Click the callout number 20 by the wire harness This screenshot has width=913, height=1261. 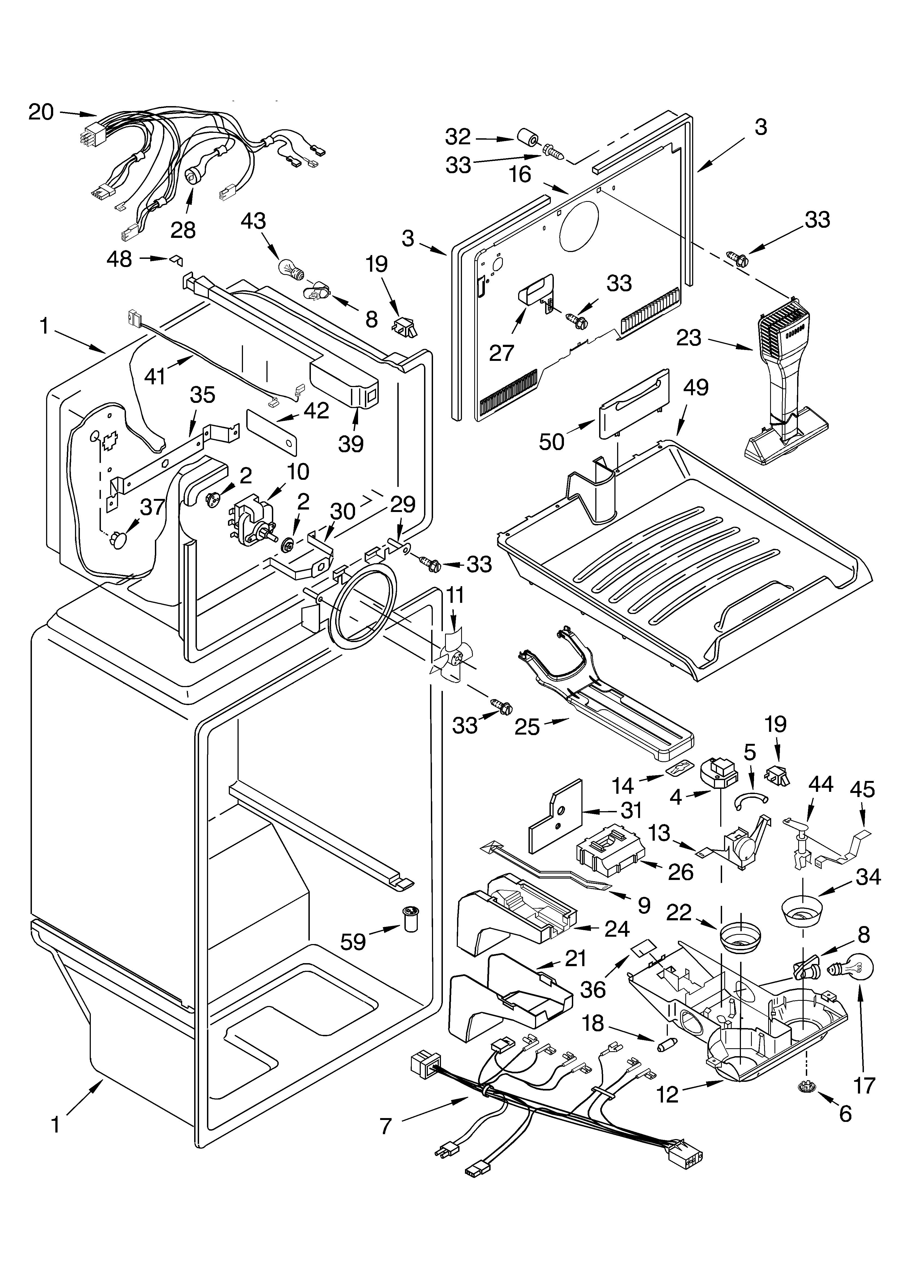click(x=41, y=113)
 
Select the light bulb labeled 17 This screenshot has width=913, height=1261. click(x=854, y=970)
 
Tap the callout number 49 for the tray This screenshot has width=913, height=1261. click(x=695, y=388)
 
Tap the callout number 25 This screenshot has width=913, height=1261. click(x=527, y=726)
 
